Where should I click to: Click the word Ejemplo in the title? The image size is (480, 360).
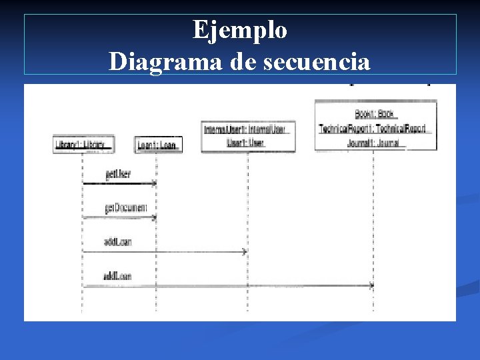coord(240,30)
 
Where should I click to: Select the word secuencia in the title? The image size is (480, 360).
coord(317,61)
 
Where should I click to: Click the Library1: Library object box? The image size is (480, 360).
coord(83,145)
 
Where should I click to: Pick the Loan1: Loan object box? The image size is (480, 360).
coord(157,145)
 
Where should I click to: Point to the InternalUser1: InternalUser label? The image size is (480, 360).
coord(246,129)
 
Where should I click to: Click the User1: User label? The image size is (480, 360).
coord(246,143)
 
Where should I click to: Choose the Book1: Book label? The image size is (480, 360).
coord(376,115)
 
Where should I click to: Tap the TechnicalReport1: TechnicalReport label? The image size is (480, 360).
coord(373,129)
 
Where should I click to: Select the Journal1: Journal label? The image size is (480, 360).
coord(373,143)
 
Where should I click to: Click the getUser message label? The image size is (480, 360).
coord(117,175)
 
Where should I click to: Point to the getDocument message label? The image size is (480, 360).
coord(125,209)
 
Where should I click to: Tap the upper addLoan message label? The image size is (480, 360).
coord(117,242)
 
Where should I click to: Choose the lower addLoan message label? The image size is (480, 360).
coord(117,276)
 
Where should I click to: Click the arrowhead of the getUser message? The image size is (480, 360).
coord(154,183)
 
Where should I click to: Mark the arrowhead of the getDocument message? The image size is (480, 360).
coord(154,217)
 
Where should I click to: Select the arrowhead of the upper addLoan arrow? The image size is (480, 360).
coord(245,252)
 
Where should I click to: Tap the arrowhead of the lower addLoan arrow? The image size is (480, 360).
coord(371,286)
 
